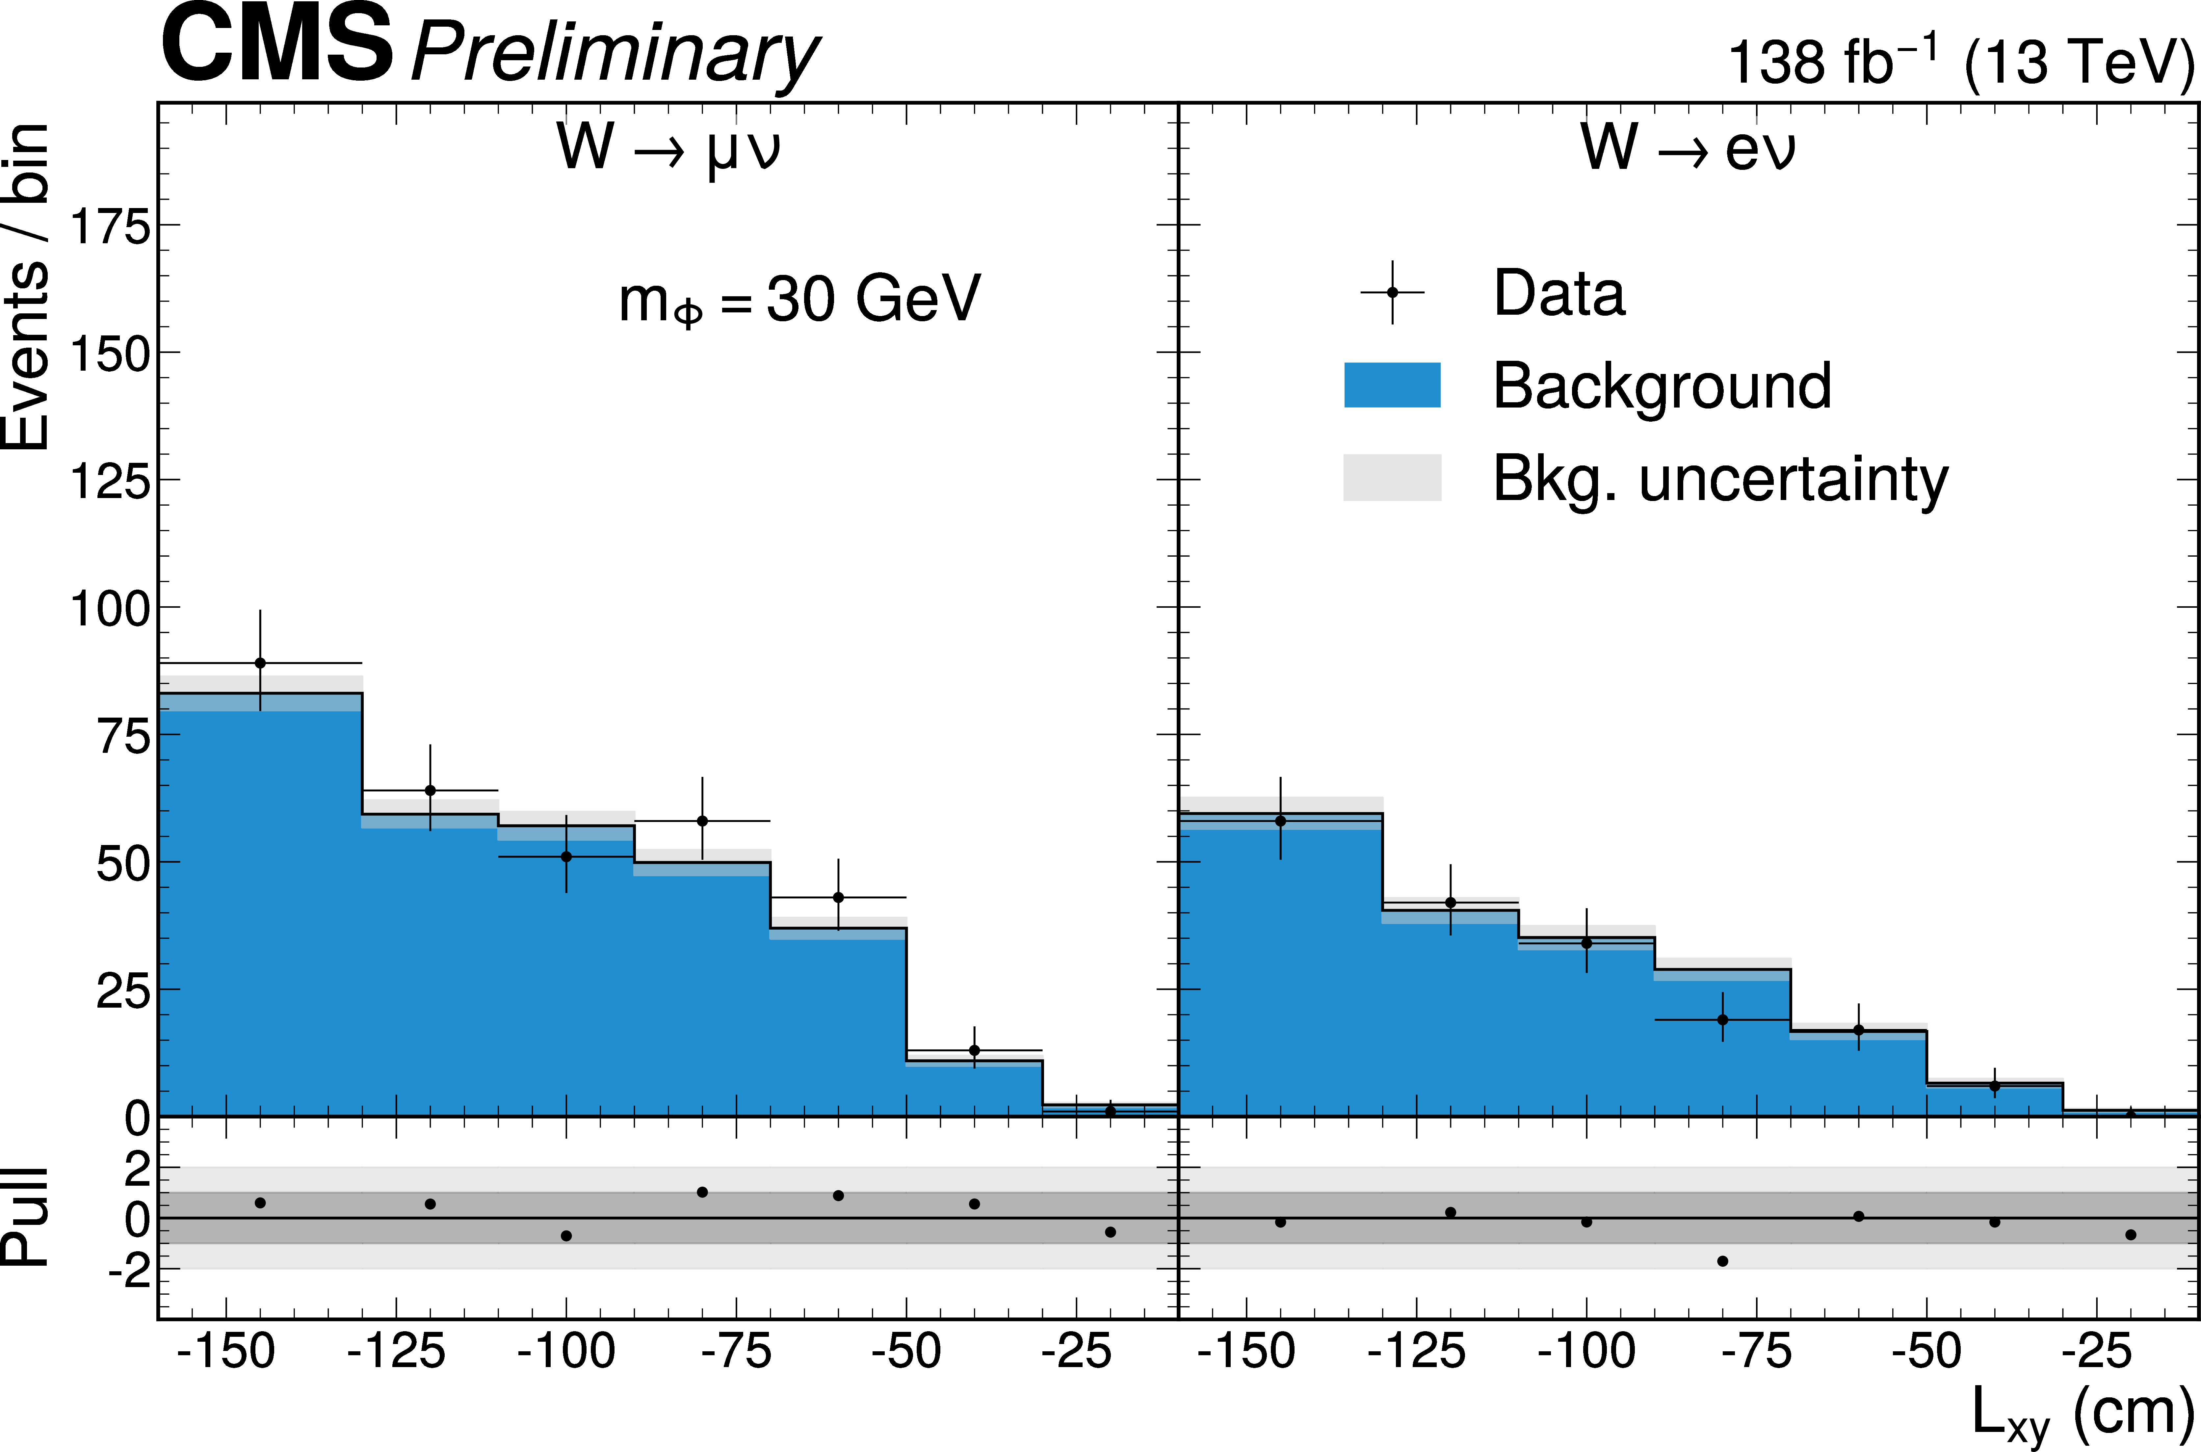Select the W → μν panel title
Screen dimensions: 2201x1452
pos(668,148)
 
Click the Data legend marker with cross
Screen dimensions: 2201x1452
pos(1392,293)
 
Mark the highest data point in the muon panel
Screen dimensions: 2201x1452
pos(260,663)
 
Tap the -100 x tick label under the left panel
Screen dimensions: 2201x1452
pos(566,1352)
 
